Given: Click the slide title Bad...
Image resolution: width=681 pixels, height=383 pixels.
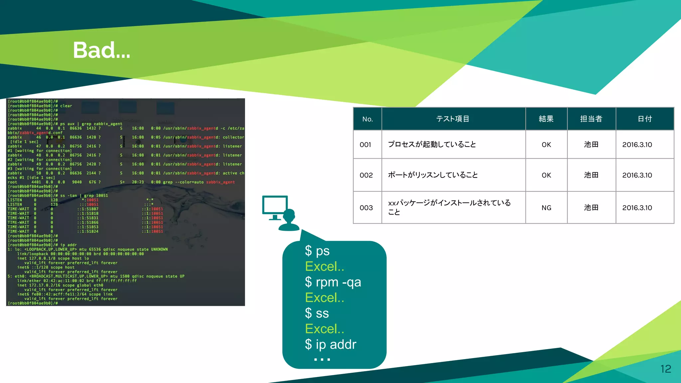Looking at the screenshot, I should pos(101,50).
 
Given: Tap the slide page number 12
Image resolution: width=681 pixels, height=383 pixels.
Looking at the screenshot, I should pos(665,369).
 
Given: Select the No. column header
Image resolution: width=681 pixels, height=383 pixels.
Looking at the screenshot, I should pos(367,119).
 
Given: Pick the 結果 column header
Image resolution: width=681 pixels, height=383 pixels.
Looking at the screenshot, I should pos(546,119).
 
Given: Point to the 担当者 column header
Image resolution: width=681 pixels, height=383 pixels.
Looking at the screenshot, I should pos(591,119).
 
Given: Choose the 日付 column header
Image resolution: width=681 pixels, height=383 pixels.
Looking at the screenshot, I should pos(644,119).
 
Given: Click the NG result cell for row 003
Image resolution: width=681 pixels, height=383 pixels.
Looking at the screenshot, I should pos(546,208).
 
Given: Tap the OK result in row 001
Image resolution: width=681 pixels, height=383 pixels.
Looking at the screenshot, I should pos(546,145).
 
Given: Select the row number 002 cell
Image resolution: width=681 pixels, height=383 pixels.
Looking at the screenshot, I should pos(366,175).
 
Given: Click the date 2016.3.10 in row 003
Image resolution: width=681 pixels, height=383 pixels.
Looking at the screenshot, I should pos(637,208).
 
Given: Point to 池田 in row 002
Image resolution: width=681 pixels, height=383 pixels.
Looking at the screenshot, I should pos(591,175).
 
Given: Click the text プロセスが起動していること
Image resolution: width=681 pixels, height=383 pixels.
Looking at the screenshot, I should pos(432,144).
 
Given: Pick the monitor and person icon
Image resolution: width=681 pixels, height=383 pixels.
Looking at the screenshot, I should pos(281,213).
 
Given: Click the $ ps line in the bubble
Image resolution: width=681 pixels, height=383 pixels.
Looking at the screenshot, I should pos(317,251).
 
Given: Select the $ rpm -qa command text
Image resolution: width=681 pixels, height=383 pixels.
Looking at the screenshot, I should pos(333,282).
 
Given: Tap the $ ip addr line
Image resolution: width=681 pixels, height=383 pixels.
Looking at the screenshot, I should pos(330,344).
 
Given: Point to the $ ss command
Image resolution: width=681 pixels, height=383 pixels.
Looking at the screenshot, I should pos(317,313).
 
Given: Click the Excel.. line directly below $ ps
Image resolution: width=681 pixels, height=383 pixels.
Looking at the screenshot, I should pos(325,266).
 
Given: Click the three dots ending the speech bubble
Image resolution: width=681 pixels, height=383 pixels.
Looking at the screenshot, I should pos(322,359).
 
